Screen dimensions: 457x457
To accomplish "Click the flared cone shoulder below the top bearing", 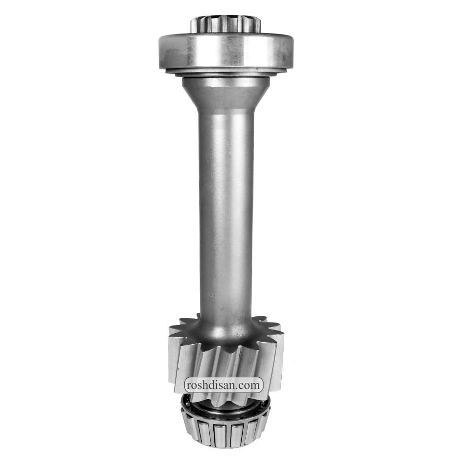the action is coord(225,95).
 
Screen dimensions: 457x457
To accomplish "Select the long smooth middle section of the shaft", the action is coord(226,213).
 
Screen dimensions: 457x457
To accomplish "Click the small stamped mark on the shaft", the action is coord(210,297).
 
